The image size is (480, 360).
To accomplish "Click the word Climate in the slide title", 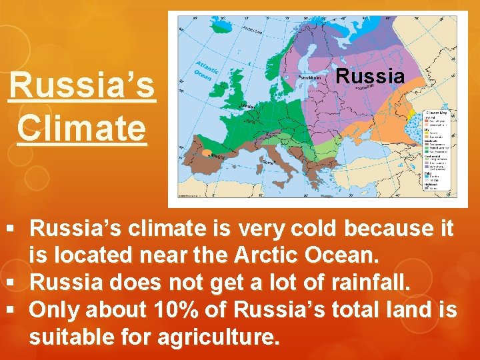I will click(x=81, y=127).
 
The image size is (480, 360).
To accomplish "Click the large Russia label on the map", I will click(x=370, y=76).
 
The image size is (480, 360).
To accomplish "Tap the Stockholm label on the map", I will click(x=311, y=77).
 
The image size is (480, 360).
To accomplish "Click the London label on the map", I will click(x=247, y=107).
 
